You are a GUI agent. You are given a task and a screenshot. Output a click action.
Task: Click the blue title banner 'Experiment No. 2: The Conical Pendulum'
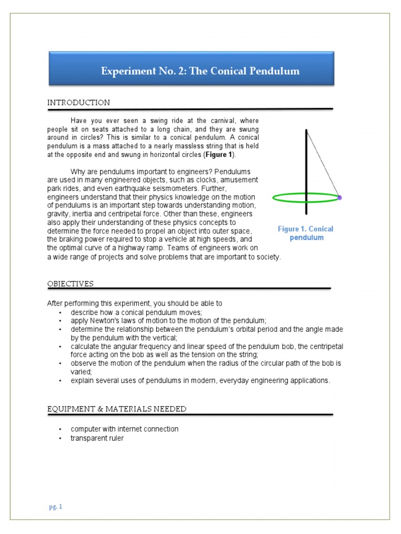pos(200,71)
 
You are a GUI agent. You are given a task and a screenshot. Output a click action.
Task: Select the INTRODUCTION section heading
pos(78,103)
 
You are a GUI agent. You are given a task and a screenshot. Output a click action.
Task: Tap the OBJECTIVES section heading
pos(70,284)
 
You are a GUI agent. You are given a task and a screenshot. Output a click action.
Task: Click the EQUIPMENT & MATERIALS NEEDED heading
pos(116,409)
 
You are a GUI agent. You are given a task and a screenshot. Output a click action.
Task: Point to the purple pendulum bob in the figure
pos(339,198)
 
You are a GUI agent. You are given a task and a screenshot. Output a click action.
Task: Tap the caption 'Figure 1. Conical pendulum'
pos(305,233)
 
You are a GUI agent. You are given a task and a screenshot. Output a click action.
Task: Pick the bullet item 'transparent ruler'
pos(97,438)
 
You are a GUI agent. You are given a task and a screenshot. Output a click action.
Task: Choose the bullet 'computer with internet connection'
pos(124,429)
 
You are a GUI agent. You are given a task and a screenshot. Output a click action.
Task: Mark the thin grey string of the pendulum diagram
pos(322,163)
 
